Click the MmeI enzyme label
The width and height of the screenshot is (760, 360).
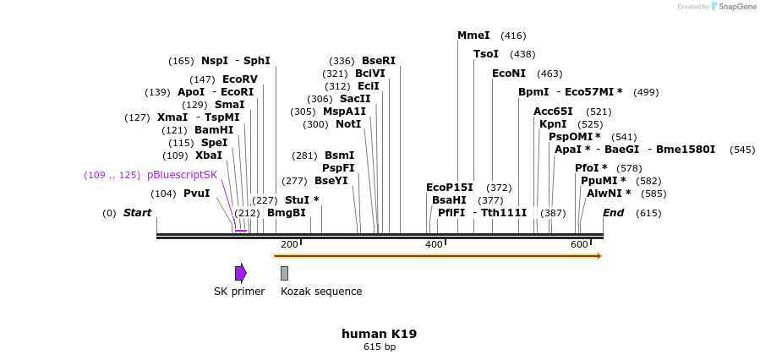[x=473, y=35]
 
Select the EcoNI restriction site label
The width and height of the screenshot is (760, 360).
[x=509, y=74]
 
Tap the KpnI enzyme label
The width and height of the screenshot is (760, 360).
[x=553, y=124]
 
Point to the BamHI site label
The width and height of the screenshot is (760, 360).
[x=214, y=130]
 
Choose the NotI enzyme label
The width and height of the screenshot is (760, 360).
[x=348, y=124]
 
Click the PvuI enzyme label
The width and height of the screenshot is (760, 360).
[x=196, y=194]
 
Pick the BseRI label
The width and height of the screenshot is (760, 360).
[x=379, y=61]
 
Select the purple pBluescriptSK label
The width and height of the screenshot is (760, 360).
[x=182, y=175]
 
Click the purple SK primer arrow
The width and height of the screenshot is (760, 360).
[x=241, y=273]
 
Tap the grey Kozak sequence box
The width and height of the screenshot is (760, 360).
[x=284, y=273]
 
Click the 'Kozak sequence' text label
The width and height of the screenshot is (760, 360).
[x=321, y=292]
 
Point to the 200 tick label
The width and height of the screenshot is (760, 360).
[x=289, y=244]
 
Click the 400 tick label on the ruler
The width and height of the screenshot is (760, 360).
[x=434, y=244]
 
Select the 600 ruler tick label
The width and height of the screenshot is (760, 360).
[x=579, y=244]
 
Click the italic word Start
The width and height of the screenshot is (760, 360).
[x=137, y=213]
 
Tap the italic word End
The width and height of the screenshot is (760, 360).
[x=613, y=213]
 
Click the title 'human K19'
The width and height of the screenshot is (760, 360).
[x=379, y=334]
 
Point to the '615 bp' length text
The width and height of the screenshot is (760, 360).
[x=380, y=346]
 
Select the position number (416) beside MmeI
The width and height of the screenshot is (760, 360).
[x=513, y=35]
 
